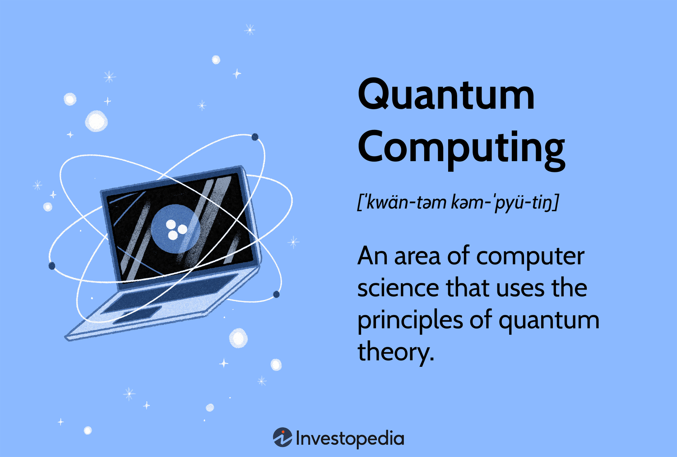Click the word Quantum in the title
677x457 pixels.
[x=446, y=95]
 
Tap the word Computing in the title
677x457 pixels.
[x=461, y=148]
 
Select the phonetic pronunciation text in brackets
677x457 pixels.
[x=458, y=203]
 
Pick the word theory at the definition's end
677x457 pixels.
[x=395, y=352]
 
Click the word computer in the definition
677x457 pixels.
[x=530, y=256]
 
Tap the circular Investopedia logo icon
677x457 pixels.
[x=283, y=438]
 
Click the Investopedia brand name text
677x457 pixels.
[x=350, y=439]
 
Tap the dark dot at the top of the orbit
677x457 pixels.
[x=255, y=137]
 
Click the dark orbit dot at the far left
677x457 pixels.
[x=52, y=266]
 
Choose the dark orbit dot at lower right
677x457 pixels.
[x=276, y=295]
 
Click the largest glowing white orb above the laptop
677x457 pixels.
[x=96, y=121]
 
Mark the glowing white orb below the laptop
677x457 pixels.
[x=238, y=338]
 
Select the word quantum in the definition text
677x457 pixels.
[x=549, y=321]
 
